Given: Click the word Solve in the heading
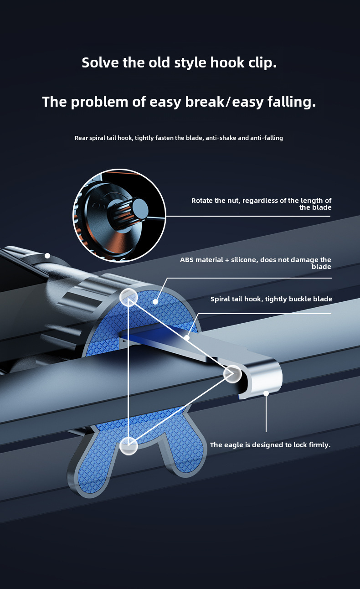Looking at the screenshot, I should (100, 62).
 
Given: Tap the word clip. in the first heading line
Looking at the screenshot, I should (261, 62).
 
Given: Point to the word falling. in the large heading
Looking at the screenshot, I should (292, 102).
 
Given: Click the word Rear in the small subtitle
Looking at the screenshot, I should (82, 138).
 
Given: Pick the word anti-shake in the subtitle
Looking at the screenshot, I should (219, 138).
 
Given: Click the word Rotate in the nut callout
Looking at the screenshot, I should (201, 201).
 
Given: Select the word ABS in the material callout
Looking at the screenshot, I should (187, 260).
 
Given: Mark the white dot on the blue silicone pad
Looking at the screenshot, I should (155, 301).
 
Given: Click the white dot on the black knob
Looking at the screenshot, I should (47, 256).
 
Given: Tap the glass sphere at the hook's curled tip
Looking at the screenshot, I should (232, 374).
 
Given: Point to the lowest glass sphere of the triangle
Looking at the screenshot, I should (129, 445).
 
